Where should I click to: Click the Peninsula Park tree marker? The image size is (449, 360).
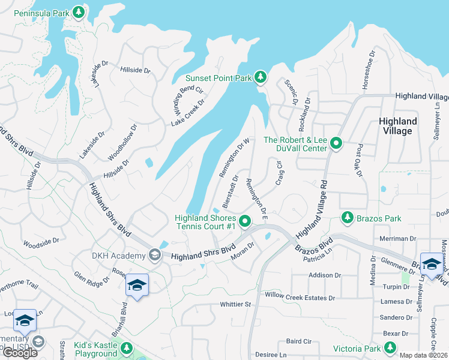pyautogui.click(x=78, y=12)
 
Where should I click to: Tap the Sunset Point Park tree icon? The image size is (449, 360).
pyautogui.click(x=260, y=77)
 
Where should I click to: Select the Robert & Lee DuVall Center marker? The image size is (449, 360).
pyautogui.click(x=336, y=144)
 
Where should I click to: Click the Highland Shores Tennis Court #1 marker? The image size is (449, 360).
pyautogui.click(x=245, y=222)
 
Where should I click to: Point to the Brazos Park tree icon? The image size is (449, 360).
pyautogui.click(x=346, y=217)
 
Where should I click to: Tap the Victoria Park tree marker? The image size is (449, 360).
pyautogui.click(x=390, y=347)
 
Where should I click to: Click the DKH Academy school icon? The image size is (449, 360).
pyautogui.click(x=154, y=256)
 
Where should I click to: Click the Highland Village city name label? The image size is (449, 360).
pyautogui.click(x=397, y=126)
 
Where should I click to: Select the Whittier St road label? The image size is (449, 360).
pyautogui.click(x=235, y=304)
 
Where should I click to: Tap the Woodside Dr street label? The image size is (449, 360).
pyautogui.click(x=41, y=242)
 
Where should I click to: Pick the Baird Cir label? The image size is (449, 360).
pyautogui.click(x=298, y=341)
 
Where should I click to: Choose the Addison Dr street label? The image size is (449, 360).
pyautogui.click(x=324, y=275)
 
